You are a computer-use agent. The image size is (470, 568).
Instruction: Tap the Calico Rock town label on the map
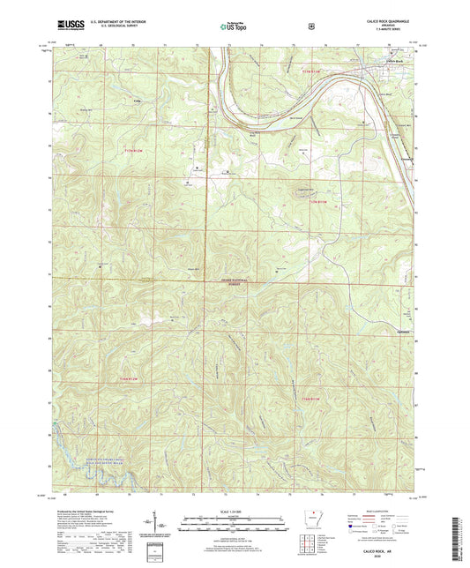click(392, 61)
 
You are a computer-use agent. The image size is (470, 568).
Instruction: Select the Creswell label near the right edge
click(406, 160)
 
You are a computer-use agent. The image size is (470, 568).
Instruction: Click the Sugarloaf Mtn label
click(304, 188)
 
